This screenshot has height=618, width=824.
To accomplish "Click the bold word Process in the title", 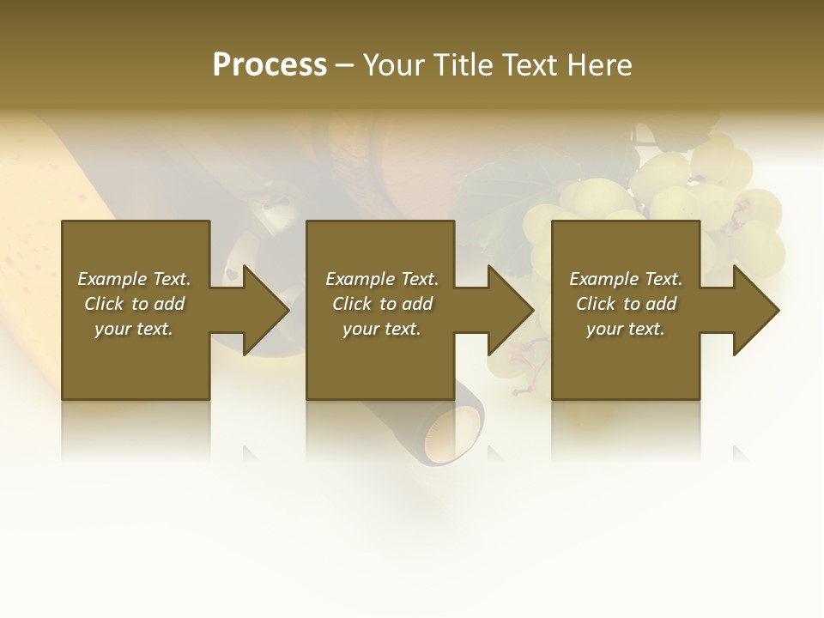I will [x=270, y=65].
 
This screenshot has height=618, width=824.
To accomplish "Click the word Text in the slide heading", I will [x=529, y=65].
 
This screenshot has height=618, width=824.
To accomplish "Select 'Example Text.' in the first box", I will [x=134, y=279].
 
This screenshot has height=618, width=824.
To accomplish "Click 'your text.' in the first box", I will [x=134, y=329].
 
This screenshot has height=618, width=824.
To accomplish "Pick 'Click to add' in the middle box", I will [x=382, y=304].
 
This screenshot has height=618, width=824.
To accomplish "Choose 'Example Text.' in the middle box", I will [x=382, y=279].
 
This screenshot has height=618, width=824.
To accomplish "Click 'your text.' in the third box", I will [x=626, y=329].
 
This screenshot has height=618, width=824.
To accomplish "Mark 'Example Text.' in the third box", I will [x=626, y=279].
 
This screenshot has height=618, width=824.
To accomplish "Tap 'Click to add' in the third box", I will [x=626, y=304].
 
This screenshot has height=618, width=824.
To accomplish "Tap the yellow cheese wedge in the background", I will [x=34, y=197].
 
